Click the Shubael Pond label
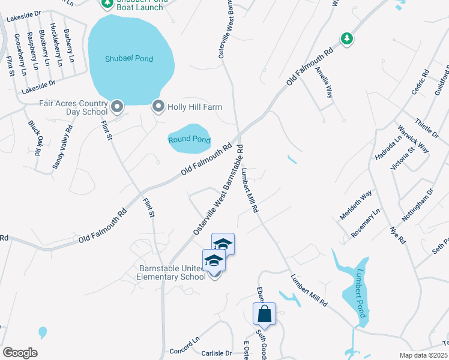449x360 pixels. [129, 59]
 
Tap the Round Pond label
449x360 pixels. [189, 139]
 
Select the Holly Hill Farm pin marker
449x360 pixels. [158, 106]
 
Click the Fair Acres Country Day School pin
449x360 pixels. [117, 107]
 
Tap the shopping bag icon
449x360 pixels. [264, 313]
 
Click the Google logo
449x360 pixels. [20, 353]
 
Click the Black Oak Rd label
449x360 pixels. [34, 137]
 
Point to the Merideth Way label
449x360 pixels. [356, 205]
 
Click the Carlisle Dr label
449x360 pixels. [216, 353]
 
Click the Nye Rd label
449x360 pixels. [398, 235]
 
